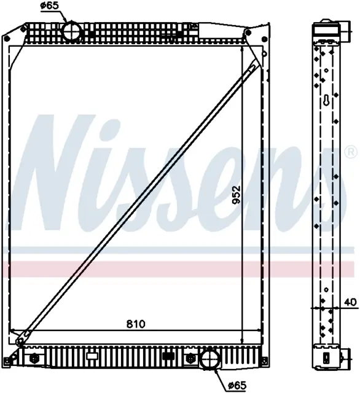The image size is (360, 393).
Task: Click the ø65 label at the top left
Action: tap(49, 6)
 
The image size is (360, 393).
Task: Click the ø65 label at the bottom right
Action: tap(237, 385)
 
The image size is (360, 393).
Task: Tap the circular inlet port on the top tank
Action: tap(72, 32)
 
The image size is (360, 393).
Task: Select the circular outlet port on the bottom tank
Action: tap(210, 360)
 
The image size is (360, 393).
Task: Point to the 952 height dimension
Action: tap(236, 195)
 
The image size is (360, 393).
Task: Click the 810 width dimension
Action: tap(136, 324)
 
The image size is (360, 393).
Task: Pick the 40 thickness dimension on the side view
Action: tap(350, 302)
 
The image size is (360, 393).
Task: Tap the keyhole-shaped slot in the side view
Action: tap(326, 100)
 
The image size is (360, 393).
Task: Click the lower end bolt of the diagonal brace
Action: tap(19, 341)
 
